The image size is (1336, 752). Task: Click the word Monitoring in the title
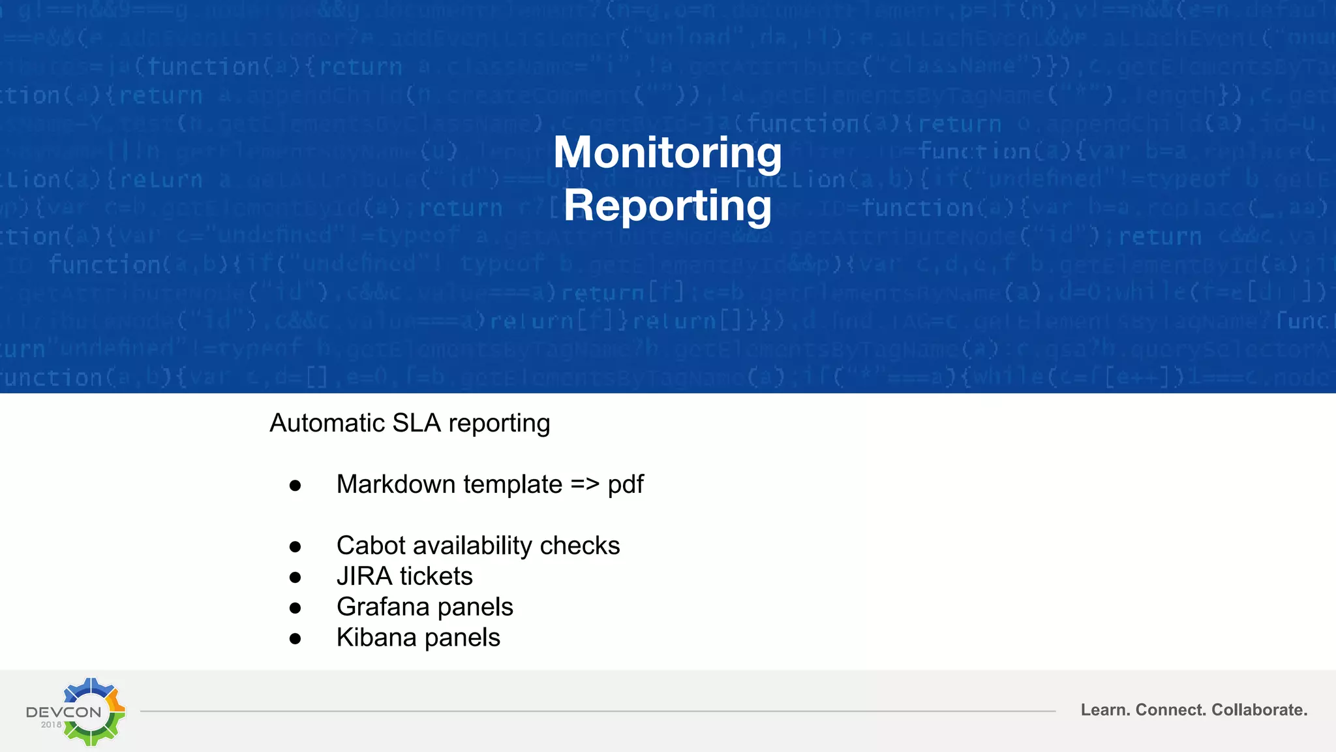point(667,152)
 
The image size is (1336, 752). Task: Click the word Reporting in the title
point(667,206)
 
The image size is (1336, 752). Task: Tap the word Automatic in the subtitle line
point(327,423)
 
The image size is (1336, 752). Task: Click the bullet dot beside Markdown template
point(296,486)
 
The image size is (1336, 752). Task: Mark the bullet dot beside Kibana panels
point(296,639)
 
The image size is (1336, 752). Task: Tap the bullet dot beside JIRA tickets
point(296,578)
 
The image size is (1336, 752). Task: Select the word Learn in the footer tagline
point(1105,710)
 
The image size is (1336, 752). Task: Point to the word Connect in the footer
point(1171,710)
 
